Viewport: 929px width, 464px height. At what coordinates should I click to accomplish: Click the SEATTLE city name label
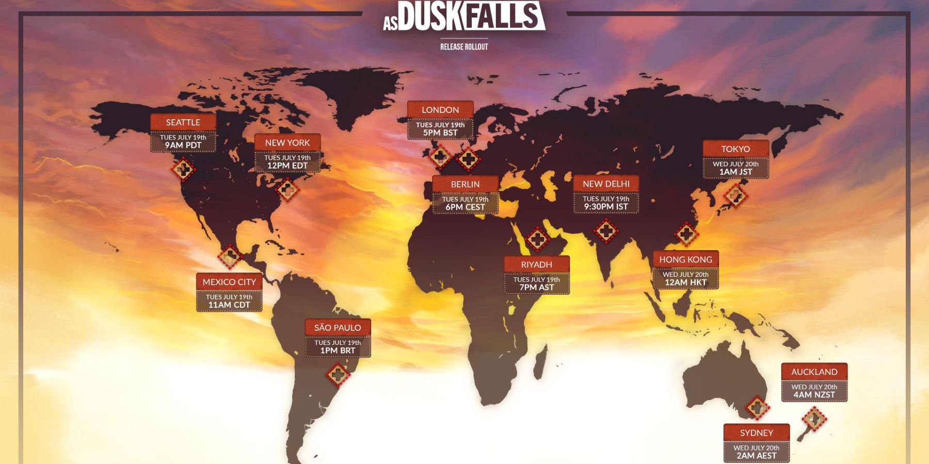[183, 122]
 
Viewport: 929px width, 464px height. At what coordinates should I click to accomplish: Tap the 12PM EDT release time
[287, 165]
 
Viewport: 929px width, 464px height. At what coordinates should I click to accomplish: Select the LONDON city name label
[440, 110]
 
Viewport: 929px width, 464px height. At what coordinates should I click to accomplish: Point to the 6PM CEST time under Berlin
[465, 207]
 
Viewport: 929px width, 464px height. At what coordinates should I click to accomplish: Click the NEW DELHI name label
[606, 184]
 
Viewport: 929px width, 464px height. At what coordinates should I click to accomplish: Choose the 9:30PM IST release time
[606, 207]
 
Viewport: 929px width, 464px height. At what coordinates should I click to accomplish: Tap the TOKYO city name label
[735, 149]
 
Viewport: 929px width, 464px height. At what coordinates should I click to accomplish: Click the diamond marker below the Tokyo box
[735, 195]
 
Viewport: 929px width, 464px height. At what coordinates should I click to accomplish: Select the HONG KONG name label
[685, 259]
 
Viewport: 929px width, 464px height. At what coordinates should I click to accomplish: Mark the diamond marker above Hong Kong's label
[685, 235]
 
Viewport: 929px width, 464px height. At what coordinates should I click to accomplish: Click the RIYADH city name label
[536, 264]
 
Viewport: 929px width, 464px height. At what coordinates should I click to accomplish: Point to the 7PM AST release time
[536, 287]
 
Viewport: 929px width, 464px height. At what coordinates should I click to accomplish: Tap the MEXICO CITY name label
[229, 282]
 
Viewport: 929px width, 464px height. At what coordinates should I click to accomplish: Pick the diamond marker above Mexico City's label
[230, 256]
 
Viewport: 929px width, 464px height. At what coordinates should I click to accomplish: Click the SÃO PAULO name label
[338, 327]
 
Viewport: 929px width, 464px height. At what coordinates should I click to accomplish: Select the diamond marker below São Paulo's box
[338, 374]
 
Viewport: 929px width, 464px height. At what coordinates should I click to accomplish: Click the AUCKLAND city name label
[814, 372]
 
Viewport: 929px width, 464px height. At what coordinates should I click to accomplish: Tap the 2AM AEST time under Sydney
[756, 456]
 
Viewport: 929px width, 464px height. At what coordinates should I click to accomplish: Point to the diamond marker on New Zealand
[814, 419]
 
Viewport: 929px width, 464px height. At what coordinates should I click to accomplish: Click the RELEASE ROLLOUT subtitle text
[464, 47]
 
